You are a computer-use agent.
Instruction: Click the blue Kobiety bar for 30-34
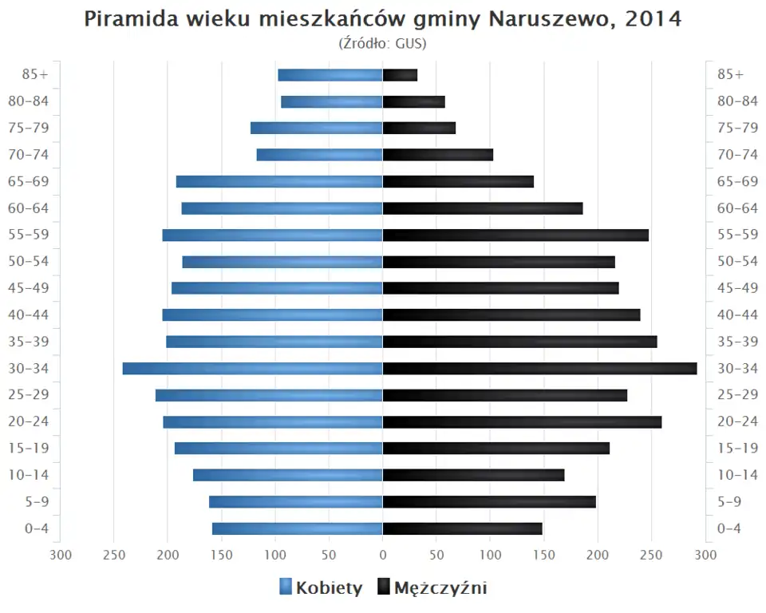pos(252,369)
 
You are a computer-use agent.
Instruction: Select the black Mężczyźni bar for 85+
pos(400,75)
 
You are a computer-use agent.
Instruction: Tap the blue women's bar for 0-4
pos(297,528)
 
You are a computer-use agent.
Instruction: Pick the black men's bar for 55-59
pos(515,235)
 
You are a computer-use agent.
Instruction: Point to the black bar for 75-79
pos(419,129)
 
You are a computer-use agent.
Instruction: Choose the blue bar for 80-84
pos(331,102)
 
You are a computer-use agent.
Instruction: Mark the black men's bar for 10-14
pos(473,476)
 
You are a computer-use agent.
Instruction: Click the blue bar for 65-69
pos(279,182)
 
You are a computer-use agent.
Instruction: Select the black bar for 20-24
pos(522,422)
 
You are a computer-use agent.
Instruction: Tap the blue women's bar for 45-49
pos(277,288)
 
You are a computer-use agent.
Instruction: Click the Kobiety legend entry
pos(321,588)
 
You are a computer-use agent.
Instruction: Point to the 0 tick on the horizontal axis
pos(383,555)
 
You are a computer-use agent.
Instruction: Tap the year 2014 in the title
pos(653,19)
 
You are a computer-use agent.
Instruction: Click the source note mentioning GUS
pos(383,43)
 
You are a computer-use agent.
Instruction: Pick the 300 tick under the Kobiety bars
pos(61,555)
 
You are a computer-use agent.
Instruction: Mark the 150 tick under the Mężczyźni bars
pos(544,555)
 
